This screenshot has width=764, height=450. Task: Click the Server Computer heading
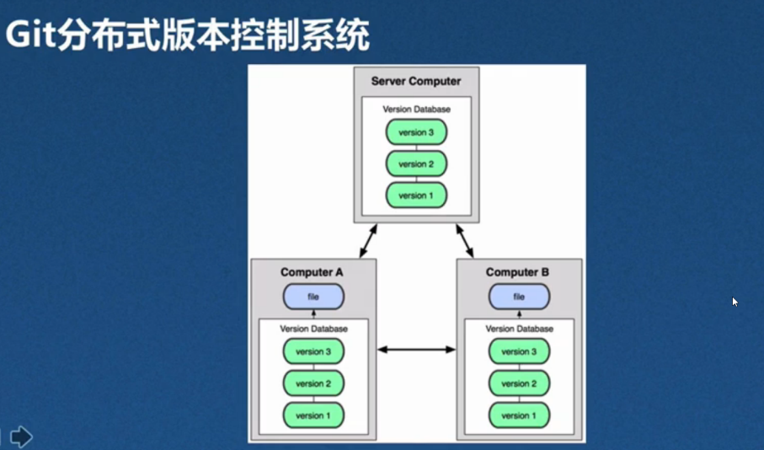click(x=416, y=81)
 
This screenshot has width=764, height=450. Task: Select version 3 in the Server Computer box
click(x=416, y=132)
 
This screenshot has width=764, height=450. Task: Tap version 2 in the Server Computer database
click(x=416, y=163)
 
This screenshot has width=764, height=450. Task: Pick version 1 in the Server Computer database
click(x=416, y=196)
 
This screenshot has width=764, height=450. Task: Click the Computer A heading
click(x=312, y=272)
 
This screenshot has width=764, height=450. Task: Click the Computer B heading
click(x=517, y=272)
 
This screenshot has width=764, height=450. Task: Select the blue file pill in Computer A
click(x=313, y=297)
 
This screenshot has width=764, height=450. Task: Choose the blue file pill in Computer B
click(x=519, y=297)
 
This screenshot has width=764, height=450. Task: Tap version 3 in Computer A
click(x=313, y=351)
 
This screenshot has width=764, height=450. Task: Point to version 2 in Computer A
click(x=313, y=383)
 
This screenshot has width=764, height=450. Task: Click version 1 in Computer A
click(x=313, y=416)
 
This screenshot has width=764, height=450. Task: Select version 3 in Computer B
click(x=519, y=351)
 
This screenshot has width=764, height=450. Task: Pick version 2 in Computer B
click(x=519, y=383)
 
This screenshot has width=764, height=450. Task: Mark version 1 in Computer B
click(x=519, y=416)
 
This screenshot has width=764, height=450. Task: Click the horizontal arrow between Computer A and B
click(x=417, y=350)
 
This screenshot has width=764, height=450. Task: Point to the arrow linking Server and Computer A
click(x=368, y=241)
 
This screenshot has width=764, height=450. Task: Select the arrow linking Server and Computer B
click(x=465, y=241)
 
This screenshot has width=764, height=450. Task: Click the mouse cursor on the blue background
click(x=735, y=302)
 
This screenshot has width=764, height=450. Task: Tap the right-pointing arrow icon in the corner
click(x=21, y=437)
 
